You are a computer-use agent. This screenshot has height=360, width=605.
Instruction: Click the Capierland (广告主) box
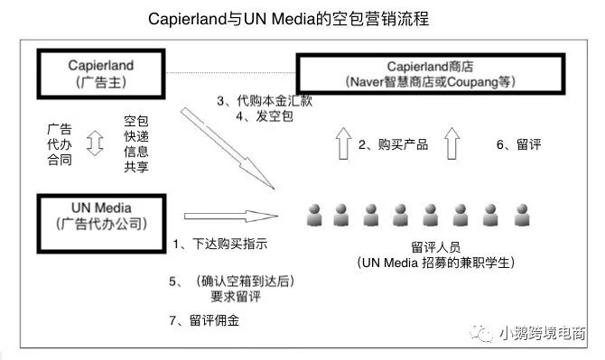tap(100, 73)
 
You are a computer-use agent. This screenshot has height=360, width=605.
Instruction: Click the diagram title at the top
tap(302, 19)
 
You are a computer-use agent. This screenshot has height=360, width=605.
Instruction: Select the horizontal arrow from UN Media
tap(229, 217)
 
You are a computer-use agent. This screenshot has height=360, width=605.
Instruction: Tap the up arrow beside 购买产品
tap(341, 143)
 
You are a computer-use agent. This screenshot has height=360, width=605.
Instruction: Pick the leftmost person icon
tap(315, 215)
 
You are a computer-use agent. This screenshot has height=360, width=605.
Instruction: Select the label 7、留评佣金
tap(209, 320)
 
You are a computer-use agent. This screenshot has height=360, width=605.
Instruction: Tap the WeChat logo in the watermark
tap(486, 333)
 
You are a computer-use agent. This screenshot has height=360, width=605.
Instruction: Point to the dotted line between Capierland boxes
tap(230, 72)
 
